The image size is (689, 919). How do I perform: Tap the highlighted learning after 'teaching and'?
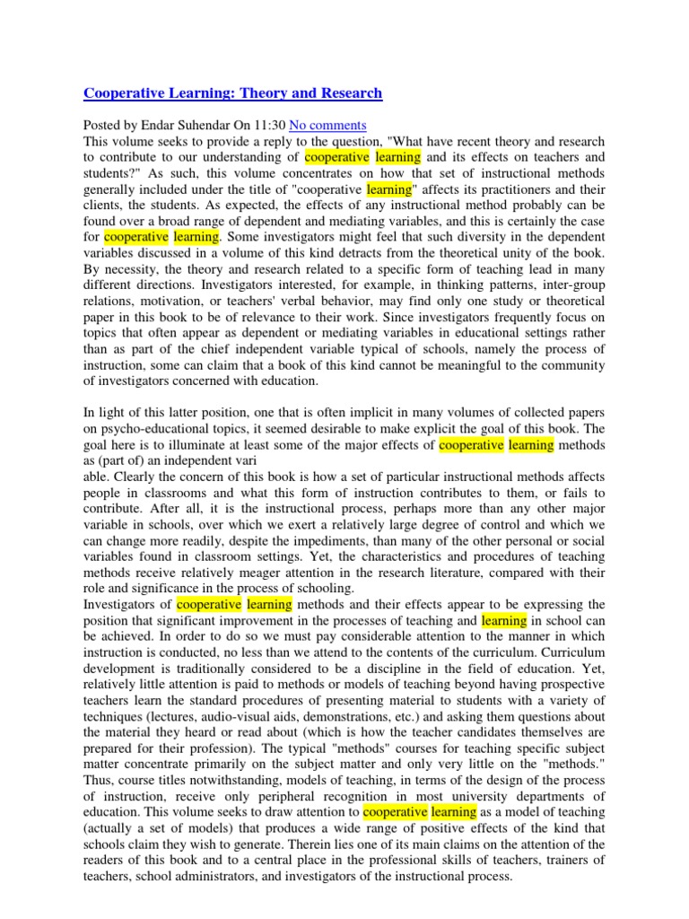tap(503, 620)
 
